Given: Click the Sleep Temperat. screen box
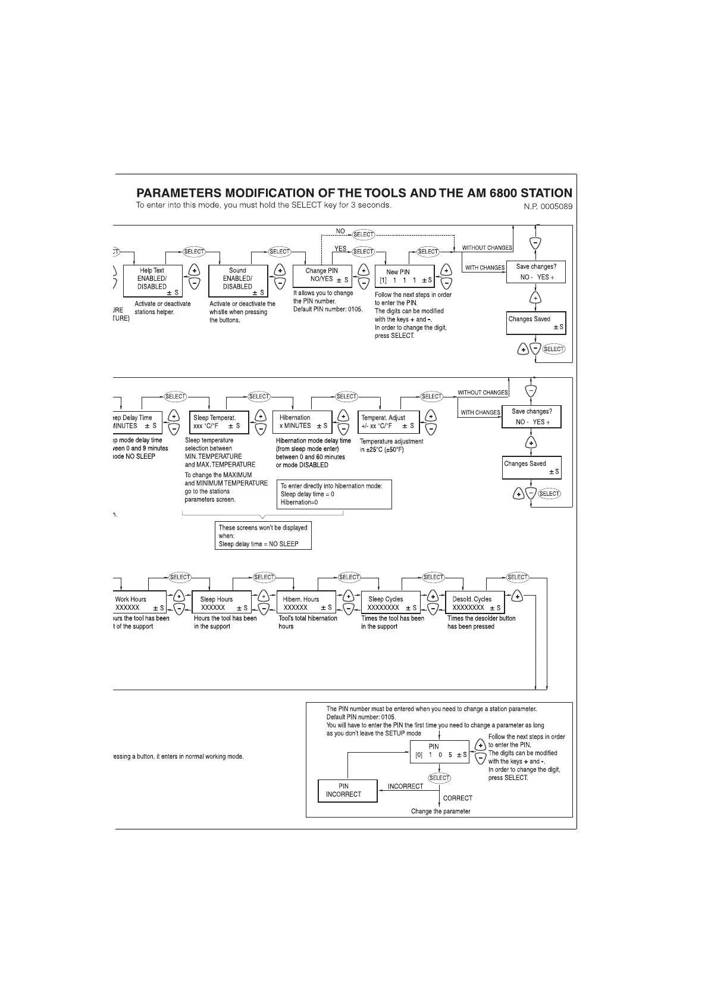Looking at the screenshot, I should pyautogui.click(x=218, y=422).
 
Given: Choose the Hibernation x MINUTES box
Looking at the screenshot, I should pyautogui.click(x=302, y=422).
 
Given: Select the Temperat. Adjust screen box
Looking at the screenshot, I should pyautogui.click(x=389, y=422).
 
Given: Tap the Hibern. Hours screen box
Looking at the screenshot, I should pyautogui.click(x=306, y=602).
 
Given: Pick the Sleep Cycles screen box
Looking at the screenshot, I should pyautogui.click(x=390, y=602).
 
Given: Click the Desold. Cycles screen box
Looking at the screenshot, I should pyautogui.click(x=475, y=602).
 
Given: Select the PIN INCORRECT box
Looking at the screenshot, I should pyautogui.click(x=347, y=790).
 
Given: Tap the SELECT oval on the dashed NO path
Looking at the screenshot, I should pyautogui.click(x=363, y=234).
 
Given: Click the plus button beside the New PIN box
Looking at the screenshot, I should pyautogui.click(x=447, y=270).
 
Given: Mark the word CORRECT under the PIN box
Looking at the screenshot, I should pyautogui.click(x=458, y=799).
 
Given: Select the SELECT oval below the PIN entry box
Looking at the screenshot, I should pyautogui.click(x=439, y=778).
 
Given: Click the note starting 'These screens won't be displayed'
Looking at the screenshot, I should pyautogui.click(x=263, y=536).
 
